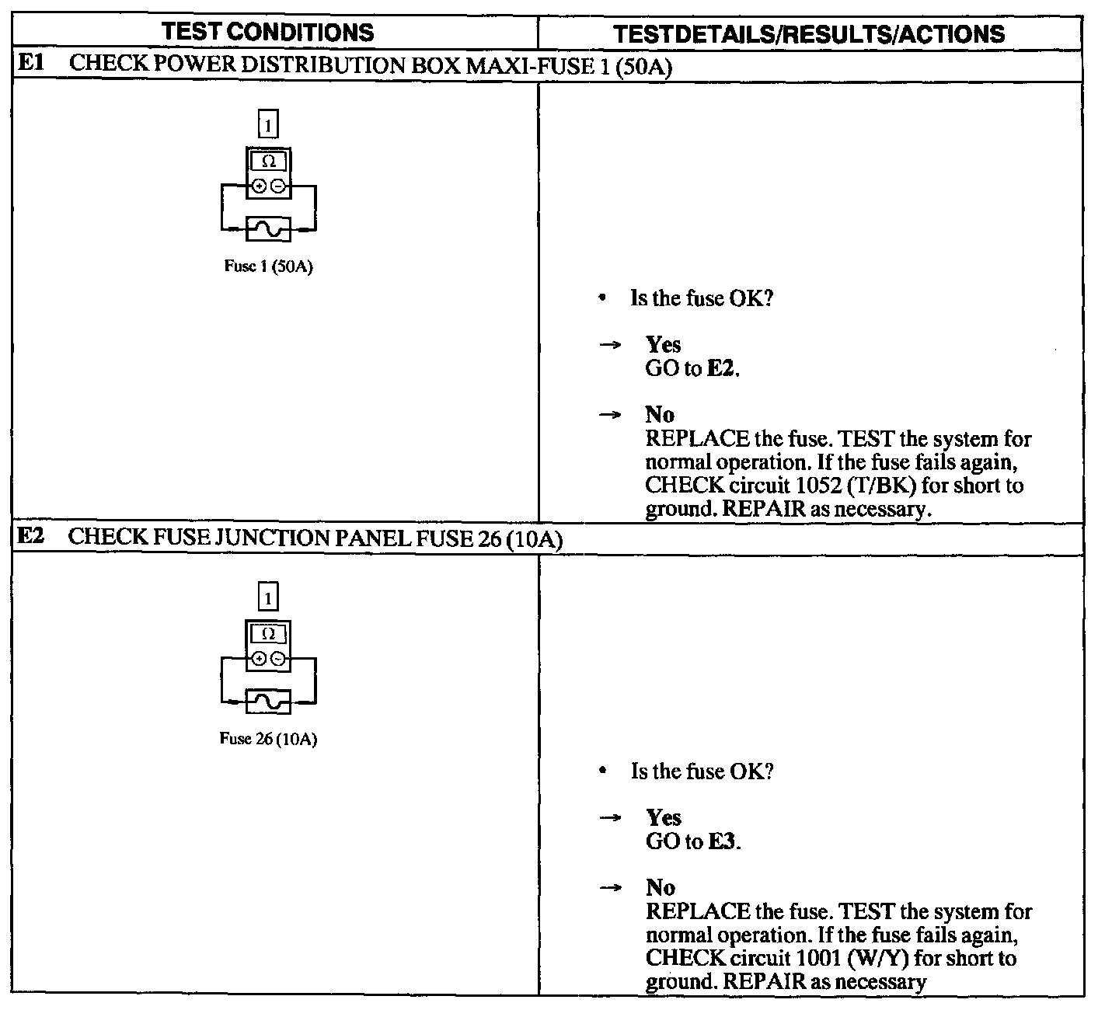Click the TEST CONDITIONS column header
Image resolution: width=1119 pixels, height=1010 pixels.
(268, 33)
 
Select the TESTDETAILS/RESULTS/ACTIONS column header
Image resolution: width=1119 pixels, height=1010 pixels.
(808, 34)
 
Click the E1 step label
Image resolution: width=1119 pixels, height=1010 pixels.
(30, 64)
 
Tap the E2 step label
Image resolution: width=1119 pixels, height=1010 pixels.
(30, 537)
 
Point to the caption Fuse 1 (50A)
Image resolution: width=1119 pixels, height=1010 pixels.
(268, 266)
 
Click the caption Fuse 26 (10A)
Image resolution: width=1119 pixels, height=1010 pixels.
(268, 739)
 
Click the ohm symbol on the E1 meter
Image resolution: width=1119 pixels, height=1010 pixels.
(268, 162)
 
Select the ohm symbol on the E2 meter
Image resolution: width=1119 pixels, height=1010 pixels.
(268, 634)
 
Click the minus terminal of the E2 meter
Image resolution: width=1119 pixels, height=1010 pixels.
(277, 660)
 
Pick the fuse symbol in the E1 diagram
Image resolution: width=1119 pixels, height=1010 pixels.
(268, 229)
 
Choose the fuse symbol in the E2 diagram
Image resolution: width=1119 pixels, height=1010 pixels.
(268, 702)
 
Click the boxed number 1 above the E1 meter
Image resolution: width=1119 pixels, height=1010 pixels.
(268, 125)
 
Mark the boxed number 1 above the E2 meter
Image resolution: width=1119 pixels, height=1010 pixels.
(268, 597)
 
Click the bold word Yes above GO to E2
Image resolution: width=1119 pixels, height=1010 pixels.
(663, 345)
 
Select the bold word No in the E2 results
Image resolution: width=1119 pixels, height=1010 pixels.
(660, 887)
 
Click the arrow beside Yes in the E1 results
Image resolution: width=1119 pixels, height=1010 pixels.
(612, 345)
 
